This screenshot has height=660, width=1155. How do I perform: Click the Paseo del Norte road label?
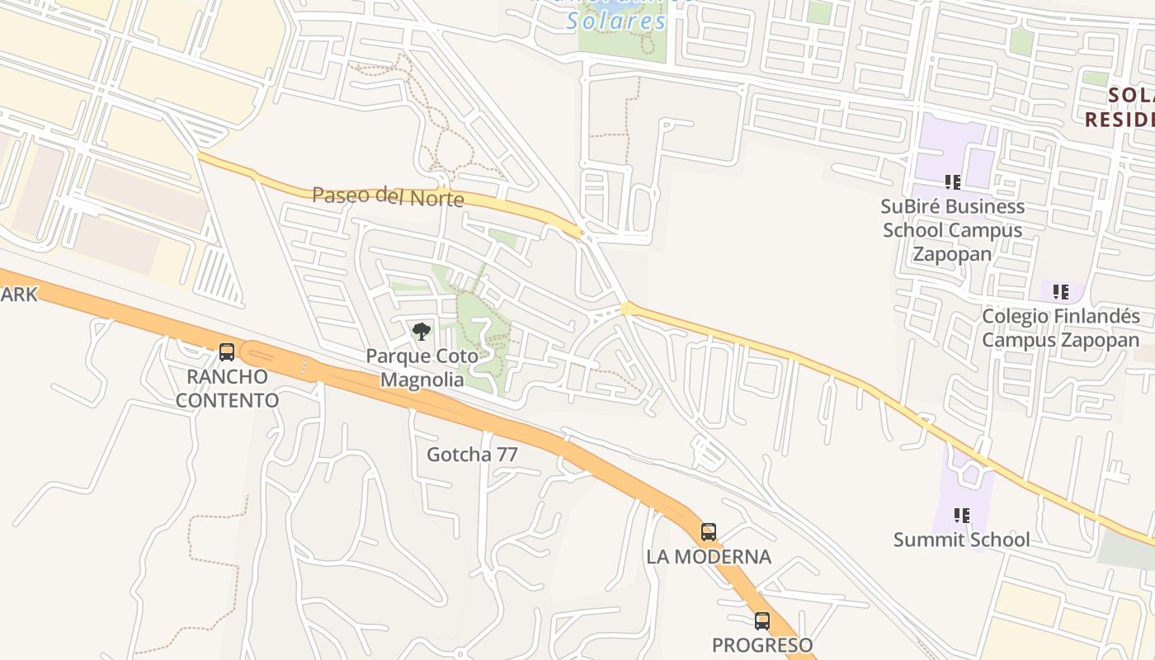(388, 196)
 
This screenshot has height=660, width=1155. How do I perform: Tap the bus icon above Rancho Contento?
(227, 352)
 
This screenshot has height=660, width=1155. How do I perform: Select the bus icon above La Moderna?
(708, 532)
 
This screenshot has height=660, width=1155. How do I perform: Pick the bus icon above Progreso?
(762, 621)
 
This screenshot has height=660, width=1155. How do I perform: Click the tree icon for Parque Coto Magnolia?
(422, 332)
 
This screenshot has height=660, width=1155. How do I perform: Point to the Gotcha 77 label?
(472, 455)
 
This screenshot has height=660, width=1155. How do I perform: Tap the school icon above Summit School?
(962, 516)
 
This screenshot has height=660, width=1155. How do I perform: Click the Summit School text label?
(962, 540)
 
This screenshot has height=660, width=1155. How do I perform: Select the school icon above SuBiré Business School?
(953, 181)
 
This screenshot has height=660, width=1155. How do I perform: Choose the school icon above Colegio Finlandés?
(1060, 291)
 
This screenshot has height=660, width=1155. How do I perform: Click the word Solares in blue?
(616, 21)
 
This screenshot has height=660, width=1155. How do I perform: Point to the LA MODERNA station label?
(709, 557)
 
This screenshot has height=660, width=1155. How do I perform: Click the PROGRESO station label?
(762, 645)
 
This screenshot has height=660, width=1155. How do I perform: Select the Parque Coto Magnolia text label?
(422, 368)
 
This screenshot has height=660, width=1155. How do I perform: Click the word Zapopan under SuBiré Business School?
(953, 254)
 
